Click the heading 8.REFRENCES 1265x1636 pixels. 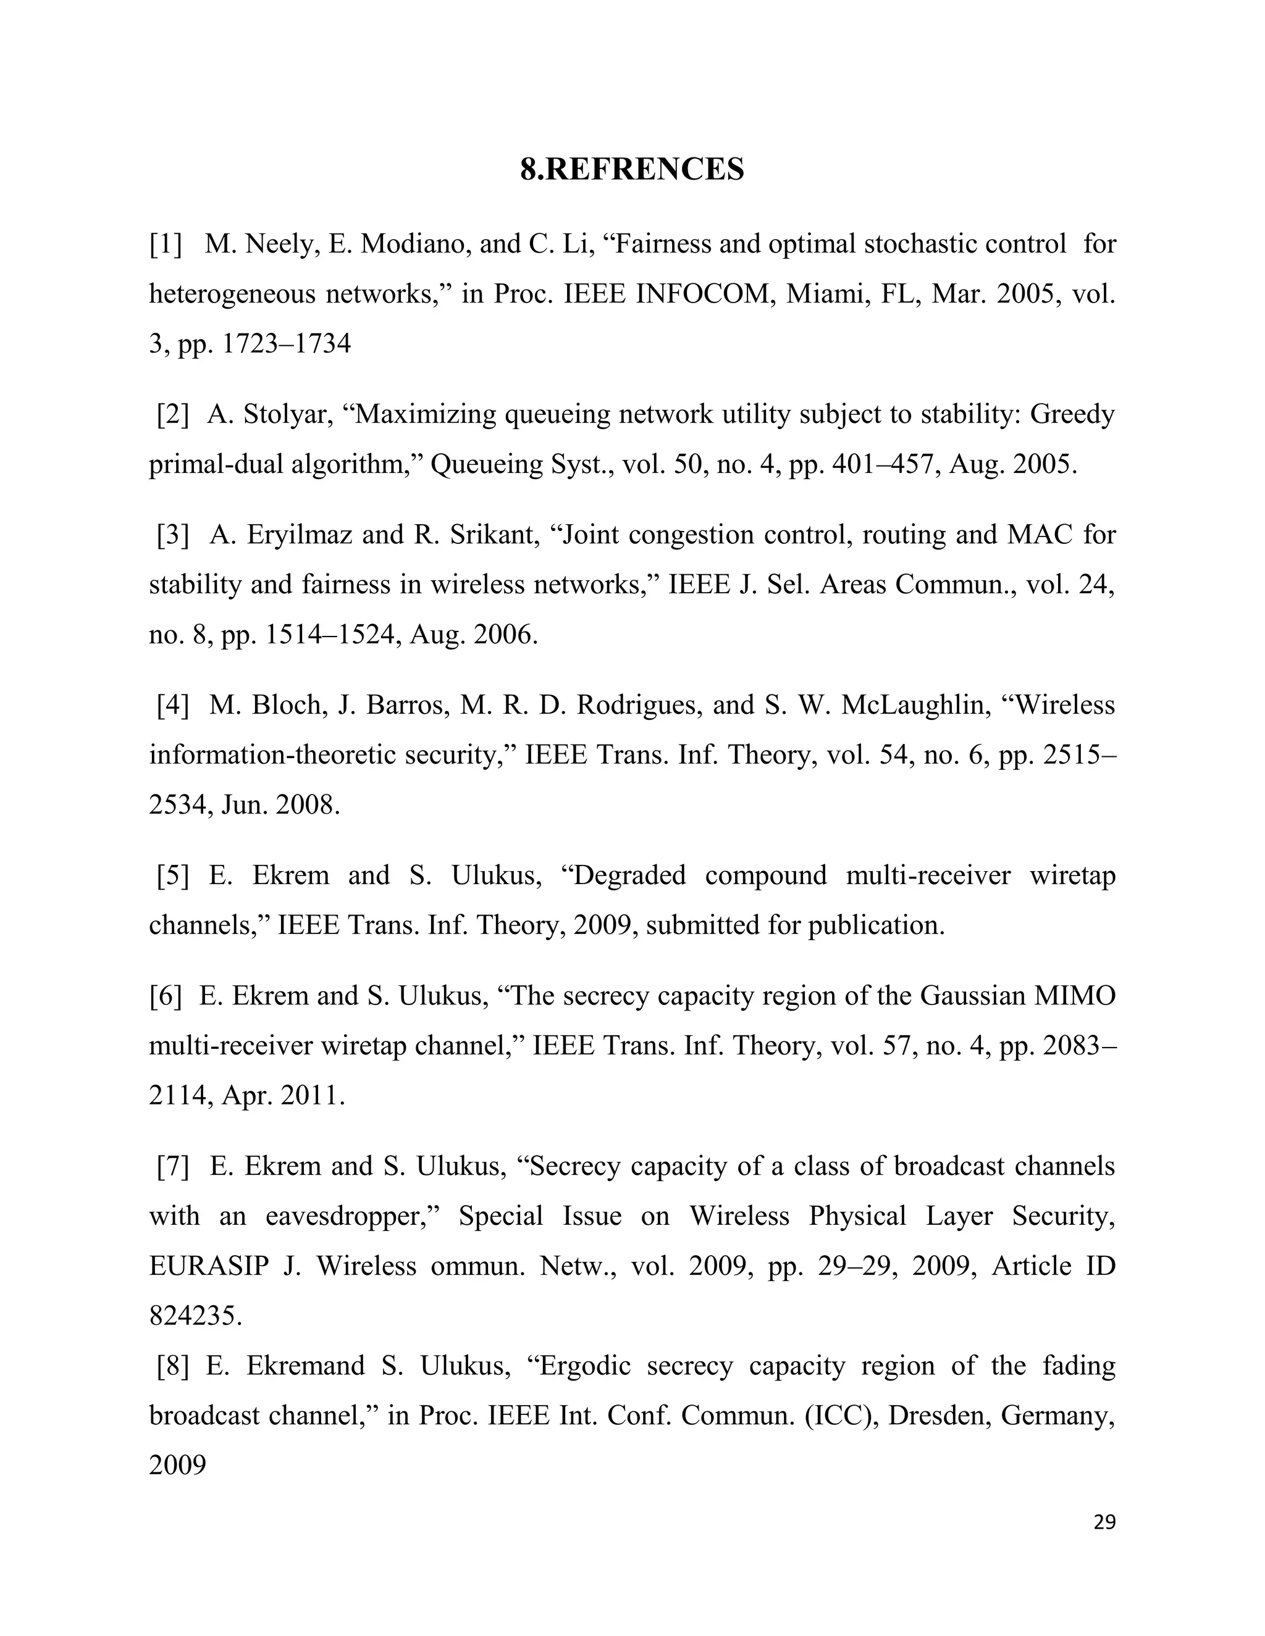point(632,169)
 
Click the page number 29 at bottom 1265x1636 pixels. point(1104,1522)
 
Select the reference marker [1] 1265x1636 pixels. point(166,244)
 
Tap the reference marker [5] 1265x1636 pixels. point(172,875)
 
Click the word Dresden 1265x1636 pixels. point(938,1416)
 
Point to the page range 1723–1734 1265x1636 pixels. point(287,344)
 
